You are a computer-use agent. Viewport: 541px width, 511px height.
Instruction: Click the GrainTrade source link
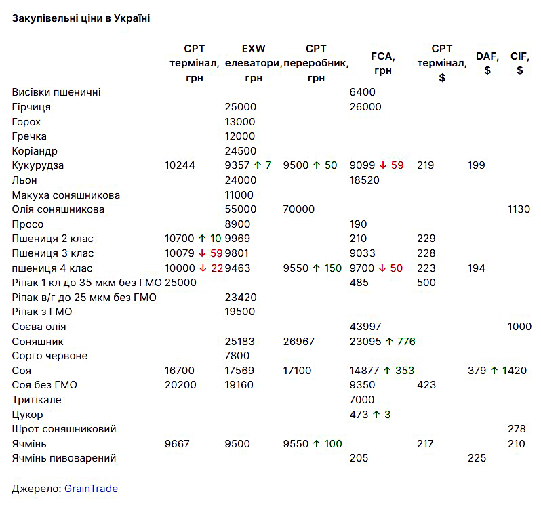pos(91,488)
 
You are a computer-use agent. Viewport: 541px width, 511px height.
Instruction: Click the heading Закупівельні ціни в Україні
pos(81,18)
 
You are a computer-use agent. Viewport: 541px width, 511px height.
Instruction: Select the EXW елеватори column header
pos(254,63)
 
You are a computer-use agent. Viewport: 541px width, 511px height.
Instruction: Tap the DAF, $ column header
pos(487,63)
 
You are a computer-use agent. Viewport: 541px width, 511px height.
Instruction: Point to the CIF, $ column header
pos(519,63)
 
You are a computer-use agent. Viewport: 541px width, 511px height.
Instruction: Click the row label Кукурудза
pos(38,165)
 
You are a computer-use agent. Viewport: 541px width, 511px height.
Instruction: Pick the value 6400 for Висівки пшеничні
pos(362,92)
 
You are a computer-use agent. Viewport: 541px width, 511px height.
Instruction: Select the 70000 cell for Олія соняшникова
pos(299,209)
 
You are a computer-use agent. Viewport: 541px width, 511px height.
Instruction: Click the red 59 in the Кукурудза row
pos(397,165)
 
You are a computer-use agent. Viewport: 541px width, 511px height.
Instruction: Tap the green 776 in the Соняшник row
pos(406,342)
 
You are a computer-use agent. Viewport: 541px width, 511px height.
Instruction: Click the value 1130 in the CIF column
pos(519,209)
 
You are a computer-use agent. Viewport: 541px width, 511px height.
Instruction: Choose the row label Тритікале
pos(37,400)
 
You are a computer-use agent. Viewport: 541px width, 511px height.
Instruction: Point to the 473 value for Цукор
pos(359,415)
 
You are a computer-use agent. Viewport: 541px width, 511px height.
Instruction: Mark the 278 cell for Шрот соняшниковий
pos(517,429)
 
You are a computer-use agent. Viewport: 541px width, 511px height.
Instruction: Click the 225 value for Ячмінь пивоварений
pos(477,458)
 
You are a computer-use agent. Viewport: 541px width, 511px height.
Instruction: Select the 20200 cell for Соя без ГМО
pos(180,385)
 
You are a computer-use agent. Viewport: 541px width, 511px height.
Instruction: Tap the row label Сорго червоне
pos(49,356)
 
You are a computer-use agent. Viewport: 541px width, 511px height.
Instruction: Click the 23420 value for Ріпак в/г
pos(241,298)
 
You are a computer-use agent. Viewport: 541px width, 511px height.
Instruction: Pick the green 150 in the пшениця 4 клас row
pos(333,268)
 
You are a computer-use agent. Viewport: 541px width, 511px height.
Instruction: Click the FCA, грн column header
pos(383,63)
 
